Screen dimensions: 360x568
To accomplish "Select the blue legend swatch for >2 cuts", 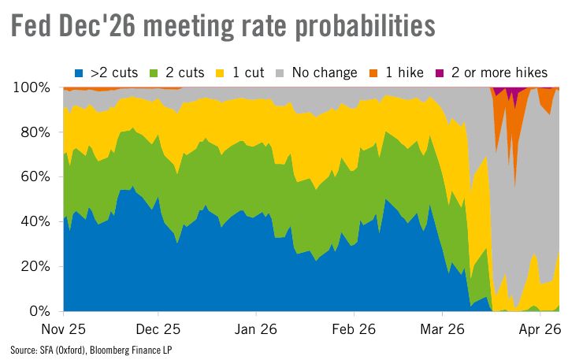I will (x=77, y=72).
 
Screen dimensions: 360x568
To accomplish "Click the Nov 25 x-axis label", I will (x=63, y=327).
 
